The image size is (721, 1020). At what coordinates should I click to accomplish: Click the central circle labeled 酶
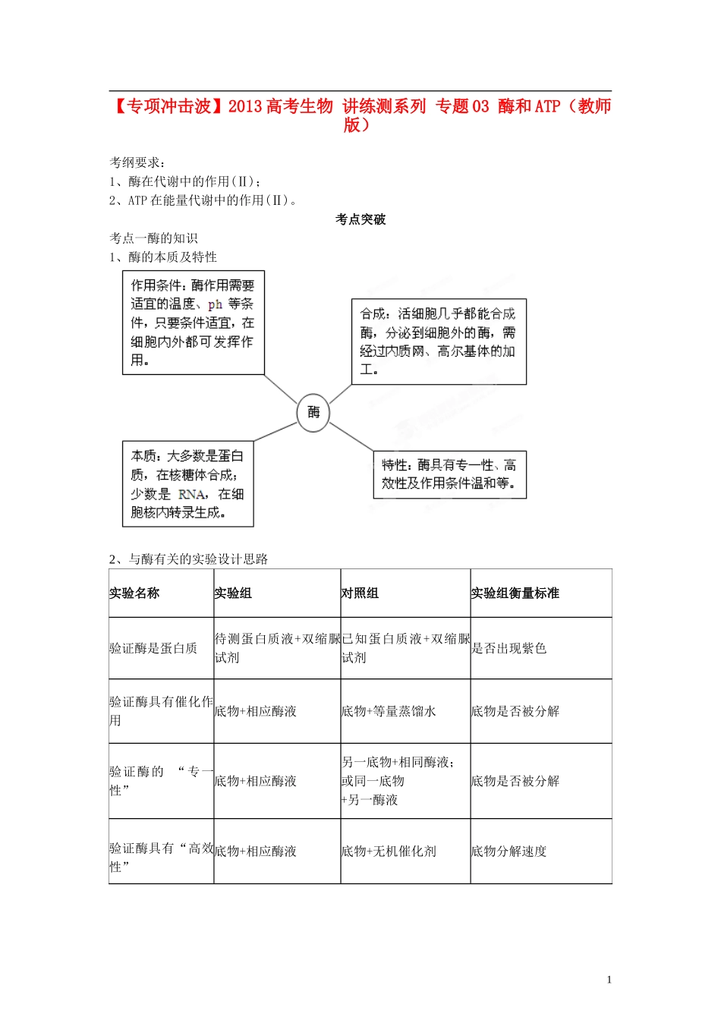[x=313, y=413]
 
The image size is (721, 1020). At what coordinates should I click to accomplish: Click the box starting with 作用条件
[x=194, y=323]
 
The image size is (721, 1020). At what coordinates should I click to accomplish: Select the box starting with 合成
[x=439, y=342]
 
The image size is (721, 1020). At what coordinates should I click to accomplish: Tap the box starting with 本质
[x=187, y=484]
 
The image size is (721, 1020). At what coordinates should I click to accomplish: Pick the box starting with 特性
[x=449, y=474]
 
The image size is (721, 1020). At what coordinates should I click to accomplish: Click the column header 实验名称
[x=134, y=593]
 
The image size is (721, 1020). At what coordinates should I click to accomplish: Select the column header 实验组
[x=232, y=593]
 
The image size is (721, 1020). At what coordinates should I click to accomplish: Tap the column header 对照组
[x=360, y=593]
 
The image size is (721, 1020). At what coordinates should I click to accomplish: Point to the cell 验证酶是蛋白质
[x=153, y=648]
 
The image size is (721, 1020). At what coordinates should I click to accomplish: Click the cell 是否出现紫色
[x=508, y=648]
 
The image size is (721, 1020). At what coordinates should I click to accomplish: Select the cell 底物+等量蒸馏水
[x=389, y=711]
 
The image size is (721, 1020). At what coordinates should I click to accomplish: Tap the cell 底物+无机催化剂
[x=389, y=852]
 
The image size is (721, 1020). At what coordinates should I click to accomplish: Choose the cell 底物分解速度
[x=508, y=852]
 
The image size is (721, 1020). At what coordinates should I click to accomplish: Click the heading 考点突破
[x=360, y=219]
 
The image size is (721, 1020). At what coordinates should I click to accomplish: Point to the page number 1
[x=609, y=980]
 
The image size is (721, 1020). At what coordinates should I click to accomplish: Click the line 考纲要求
[x=137, y=162]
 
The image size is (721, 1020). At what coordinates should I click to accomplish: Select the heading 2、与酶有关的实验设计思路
[x=188, y=559]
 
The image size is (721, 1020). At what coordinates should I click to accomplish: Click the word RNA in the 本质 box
[x=192, y=494]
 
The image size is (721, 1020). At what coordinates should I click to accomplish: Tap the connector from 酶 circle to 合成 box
[x=340, y=395]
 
